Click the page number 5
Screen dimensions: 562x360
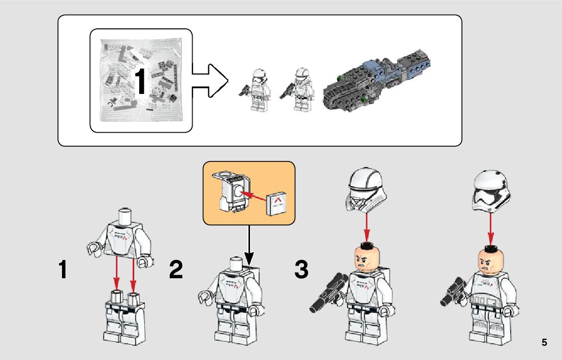tap(544, 342)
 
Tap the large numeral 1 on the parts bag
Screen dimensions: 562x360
tap(140, 82)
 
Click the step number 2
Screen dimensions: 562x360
tap(176, 270)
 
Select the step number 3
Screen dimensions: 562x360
tap(301, 270)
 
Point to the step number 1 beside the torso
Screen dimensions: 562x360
tap(63, 270)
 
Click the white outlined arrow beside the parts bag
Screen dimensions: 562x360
tap(210, 81)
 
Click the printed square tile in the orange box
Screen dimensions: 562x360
tap(277, 204)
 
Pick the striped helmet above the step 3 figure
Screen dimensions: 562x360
tap(365, 190)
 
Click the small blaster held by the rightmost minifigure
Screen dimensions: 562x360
tap(452, 291)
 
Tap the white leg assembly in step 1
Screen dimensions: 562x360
tap(124, 317)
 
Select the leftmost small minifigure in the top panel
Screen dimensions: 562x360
tap(255, 89)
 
